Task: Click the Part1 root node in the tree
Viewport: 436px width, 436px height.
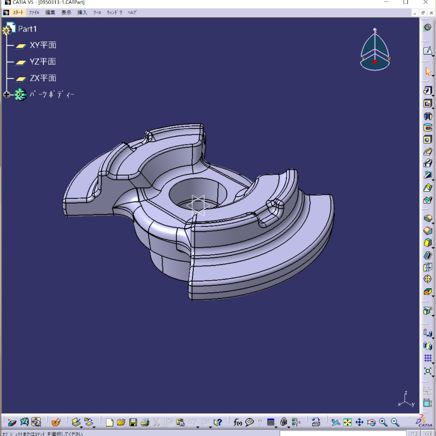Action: click(x=27, y=29)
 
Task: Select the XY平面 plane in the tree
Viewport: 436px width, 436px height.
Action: click(x=43, y=46)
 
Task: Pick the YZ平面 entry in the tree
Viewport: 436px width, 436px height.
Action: click(x=43, y=62)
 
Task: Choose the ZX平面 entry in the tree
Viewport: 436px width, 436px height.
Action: click(x=43, y=78)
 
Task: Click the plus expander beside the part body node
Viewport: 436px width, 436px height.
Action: click(x=7, y=95)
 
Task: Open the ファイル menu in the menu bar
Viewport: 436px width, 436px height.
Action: click(x=34, y=13)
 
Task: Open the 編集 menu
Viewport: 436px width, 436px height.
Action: click(x=50, y=13)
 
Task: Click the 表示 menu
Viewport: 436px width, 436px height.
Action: click(x=66, y=13)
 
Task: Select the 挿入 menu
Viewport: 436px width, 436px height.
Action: click(x=82, y=13)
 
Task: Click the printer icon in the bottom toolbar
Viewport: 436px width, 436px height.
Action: click(x=145, y=422)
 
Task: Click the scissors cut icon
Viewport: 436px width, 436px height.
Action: click(x=157, y=422)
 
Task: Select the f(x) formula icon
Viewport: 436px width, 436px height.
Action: click(x=238, y=422)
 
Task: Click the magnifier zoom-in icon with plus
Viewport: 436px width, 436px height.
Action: click(x=383, y=422)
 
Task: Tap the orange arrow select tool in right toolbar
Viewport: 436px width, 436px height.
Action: click(x=428, y=71)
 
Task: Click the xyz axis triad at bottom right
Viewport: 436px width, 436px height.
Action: click(x=406, y=399)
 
